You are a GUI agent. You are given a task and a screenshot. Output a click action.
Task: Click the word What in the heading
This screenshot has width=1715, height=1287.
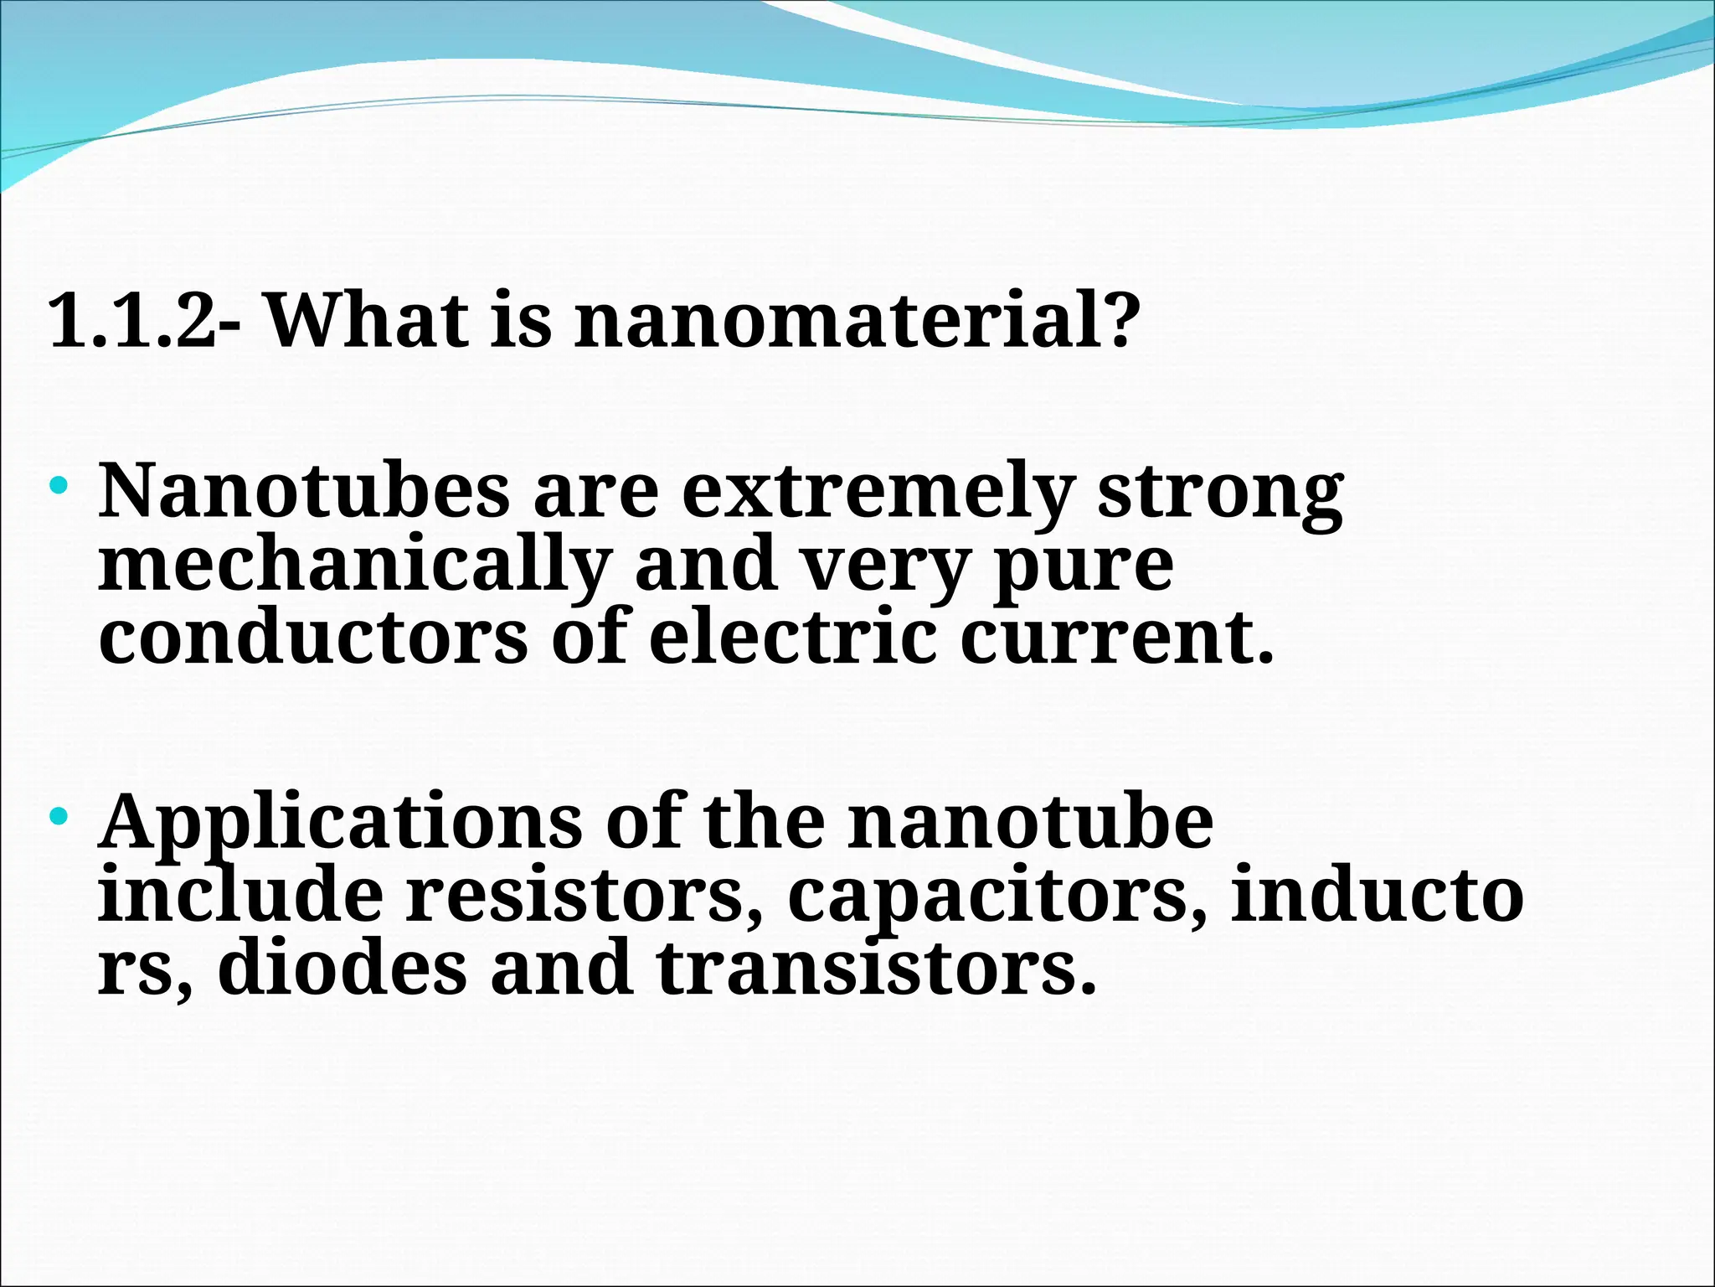coord(367,321)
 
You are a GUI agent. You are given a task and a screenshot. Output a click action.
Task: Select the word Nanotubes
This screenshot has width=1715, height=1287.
coord(303,492)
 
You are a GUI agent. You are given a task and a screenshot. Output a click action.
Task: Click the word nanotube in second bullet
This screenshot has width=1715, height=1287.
coord(1029,822)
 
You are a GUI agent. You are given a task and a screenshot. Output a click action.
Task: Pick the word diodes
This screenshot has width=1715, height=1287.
coord(342,968)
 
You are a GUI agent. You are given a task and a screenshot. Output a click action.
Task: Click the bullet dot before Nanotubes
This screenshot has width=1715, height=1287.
coord(58,484)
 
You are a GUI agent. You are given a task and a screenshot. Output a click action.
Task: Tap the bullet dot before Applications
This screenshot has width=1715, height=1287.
coord(58,815)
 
